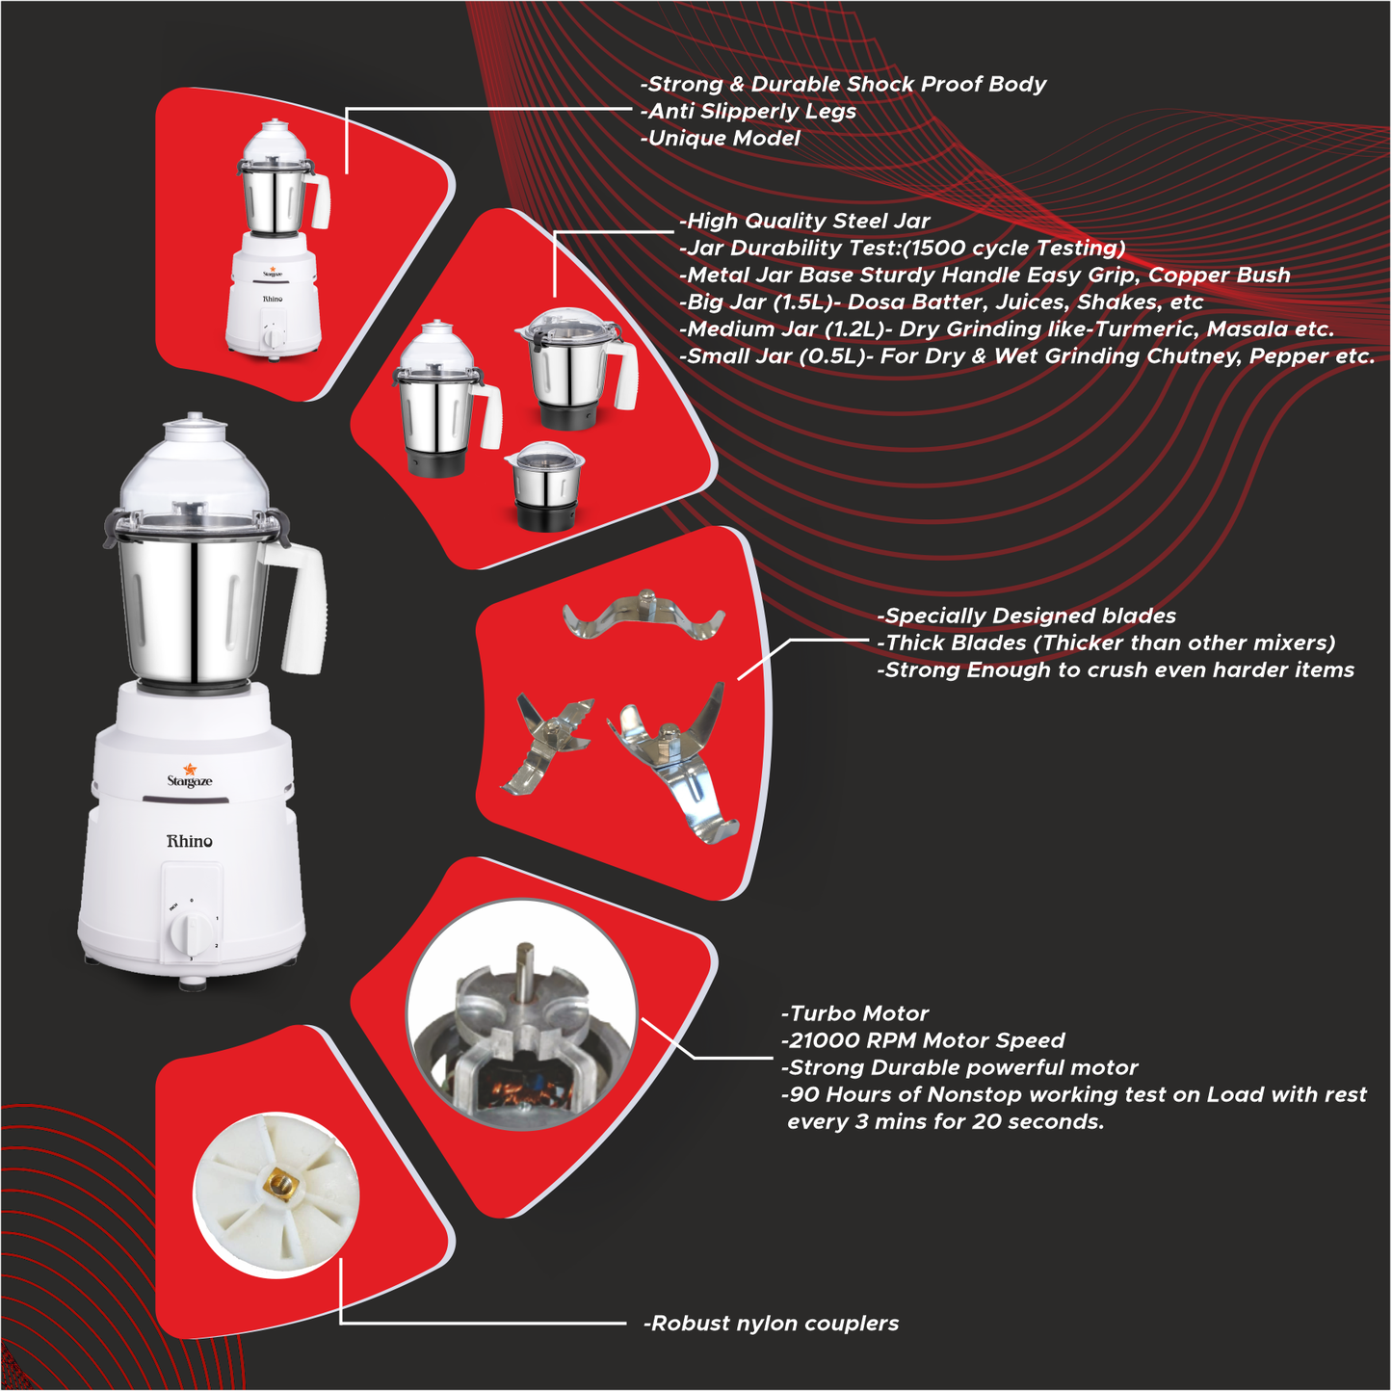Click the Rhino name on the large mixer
pos(189,841)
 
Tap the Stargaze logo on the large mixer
pos(190,777)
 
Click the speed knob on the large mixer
pos(191,932)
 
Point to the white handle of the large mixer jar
pos(303,607)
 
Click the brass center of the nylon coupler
pos(279,1184)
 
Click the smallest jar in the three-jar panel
pos(546,486)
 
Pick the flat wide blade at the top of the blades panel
pos(643,617)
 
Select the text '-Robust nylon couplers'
pos(771,1324)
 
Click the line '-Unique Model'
pos(721,138)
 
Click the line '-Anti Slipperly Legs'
pos(749,111)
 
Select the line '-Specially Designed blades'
pos(1026,616)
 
